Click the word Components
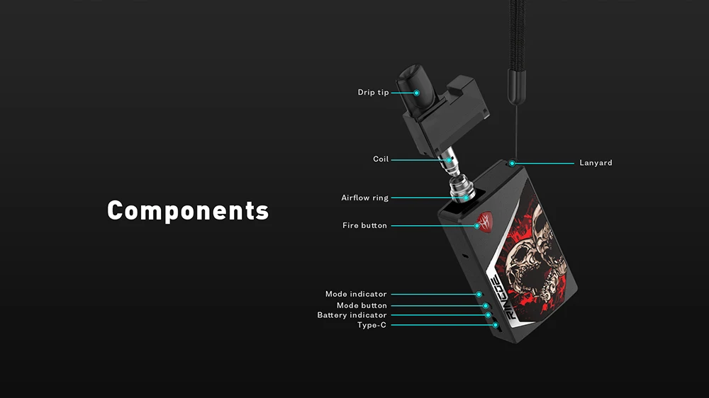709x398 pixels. [188, 211]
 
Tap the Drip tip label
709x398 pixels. [373, 93]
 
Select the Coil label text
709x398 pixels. [381, 159]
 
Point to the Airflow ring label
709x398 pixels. [364, 198]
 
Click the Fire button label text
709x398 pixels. [364, 226]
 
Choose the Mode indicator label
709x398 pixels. [356, 294]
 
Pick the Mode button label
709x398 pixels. [362, 305]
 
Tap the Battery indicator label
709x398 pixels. [352, 315]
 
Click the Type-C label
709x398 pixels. [372, 325]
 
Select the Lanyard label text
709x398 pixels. [596, 163]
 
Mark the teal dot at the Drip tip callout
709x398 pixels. [416, 93]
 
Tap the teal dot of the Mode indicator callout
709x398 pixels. [479, 294]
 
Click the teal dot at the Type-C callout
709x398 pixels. [494, 325]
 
